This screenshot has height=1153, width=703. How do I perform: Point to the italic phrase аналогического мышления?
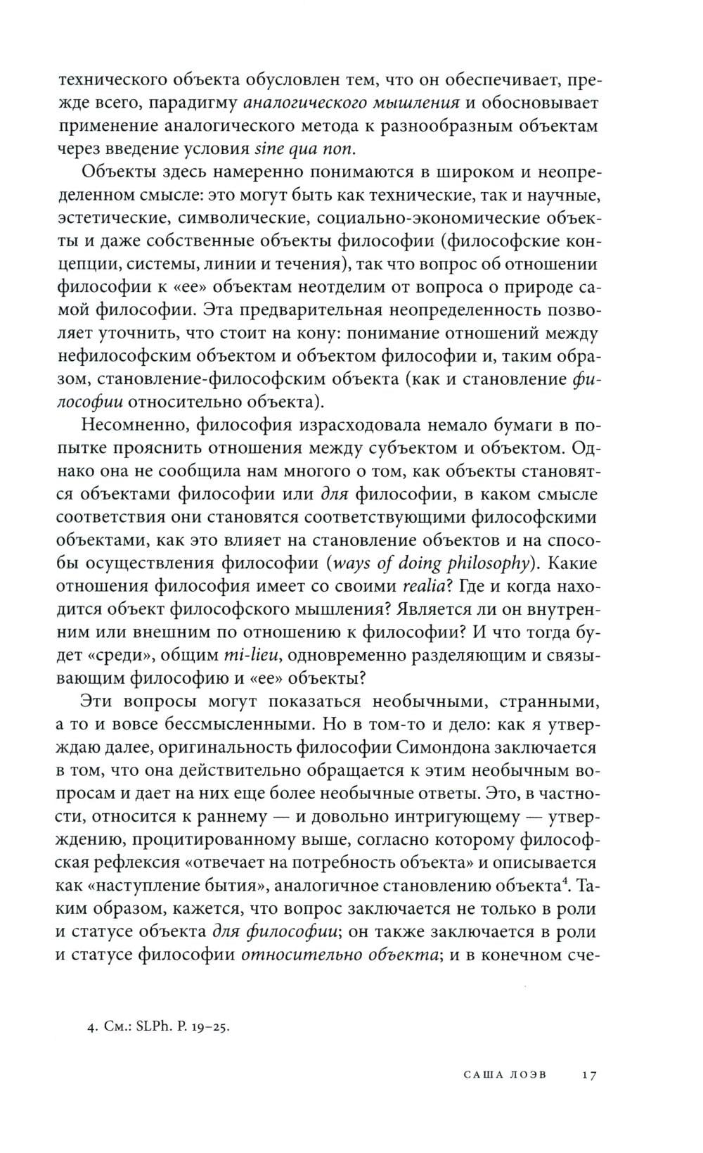(350, 103)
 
